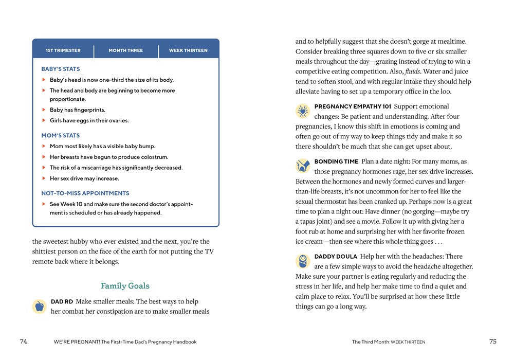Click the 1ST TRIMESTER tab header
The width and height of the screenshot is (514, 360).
pyautogui.click(x=63, y=50)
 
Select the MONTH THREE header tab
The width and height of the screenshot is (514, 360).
pyautogui.click(x=126, y=50)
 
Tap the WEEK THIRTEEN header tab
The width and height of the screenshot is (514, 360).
pyautogui.click(x=188, y=50)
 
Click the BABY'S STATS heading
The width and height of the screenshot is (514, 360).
pyautogui.click(x=61, y=69)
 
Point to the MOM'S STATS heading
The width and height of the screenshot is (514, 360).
pyautogui.click(x=61, y=135)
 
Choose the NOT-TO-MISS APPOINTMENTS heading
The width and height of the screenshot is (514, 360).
pyautogui.click(x=85, y=193)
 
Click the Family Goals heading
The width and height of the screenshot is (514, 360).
pyautogui.click(x=125, y=286)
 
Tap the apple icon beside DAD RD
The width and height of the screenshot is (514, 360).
pyautogui.click(x=39, y=307)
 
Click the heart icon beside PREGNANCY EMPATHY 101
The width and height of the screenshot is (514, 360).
pyautogui.click(x=303, y=111)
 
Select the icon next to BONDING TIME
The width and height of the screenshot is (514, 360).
pyautogui.click(x=303, y=166)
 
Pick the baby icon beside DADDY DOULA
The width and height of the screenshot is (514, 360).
pyautogui.click(x=303, y=261)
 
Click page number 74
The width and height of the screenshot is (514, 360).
pyautogui.click(x=24, y=341)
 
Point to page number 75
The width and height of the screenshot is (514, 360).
pyautogui.click(x=493, y=341)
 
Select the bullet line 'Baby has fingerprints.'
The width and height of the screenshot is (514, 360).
pyautogui.click(x=78, y=110)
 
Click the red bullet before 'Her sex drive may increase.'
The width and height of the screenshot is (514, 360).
pyautogui.click(x=44, y=178)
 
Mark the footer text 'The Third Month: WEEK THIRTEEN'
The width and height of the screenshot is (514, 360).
pyautogui.click(x=389, y=342)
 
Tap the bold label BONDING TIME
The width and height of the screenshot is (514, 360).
pyautogui.click(x=336, y=161)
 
